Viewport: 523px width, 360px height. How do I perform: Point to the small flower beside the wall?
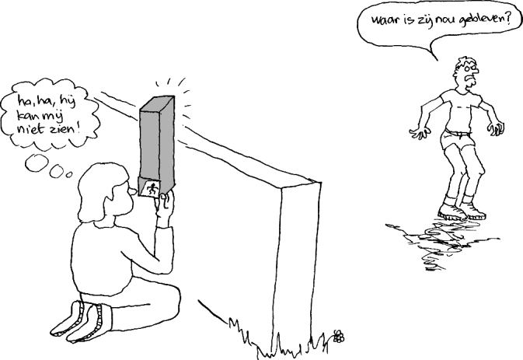[x=338, y=337]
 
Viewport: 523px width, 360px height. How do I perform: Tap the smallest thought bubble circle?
[x=68, y=173]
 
